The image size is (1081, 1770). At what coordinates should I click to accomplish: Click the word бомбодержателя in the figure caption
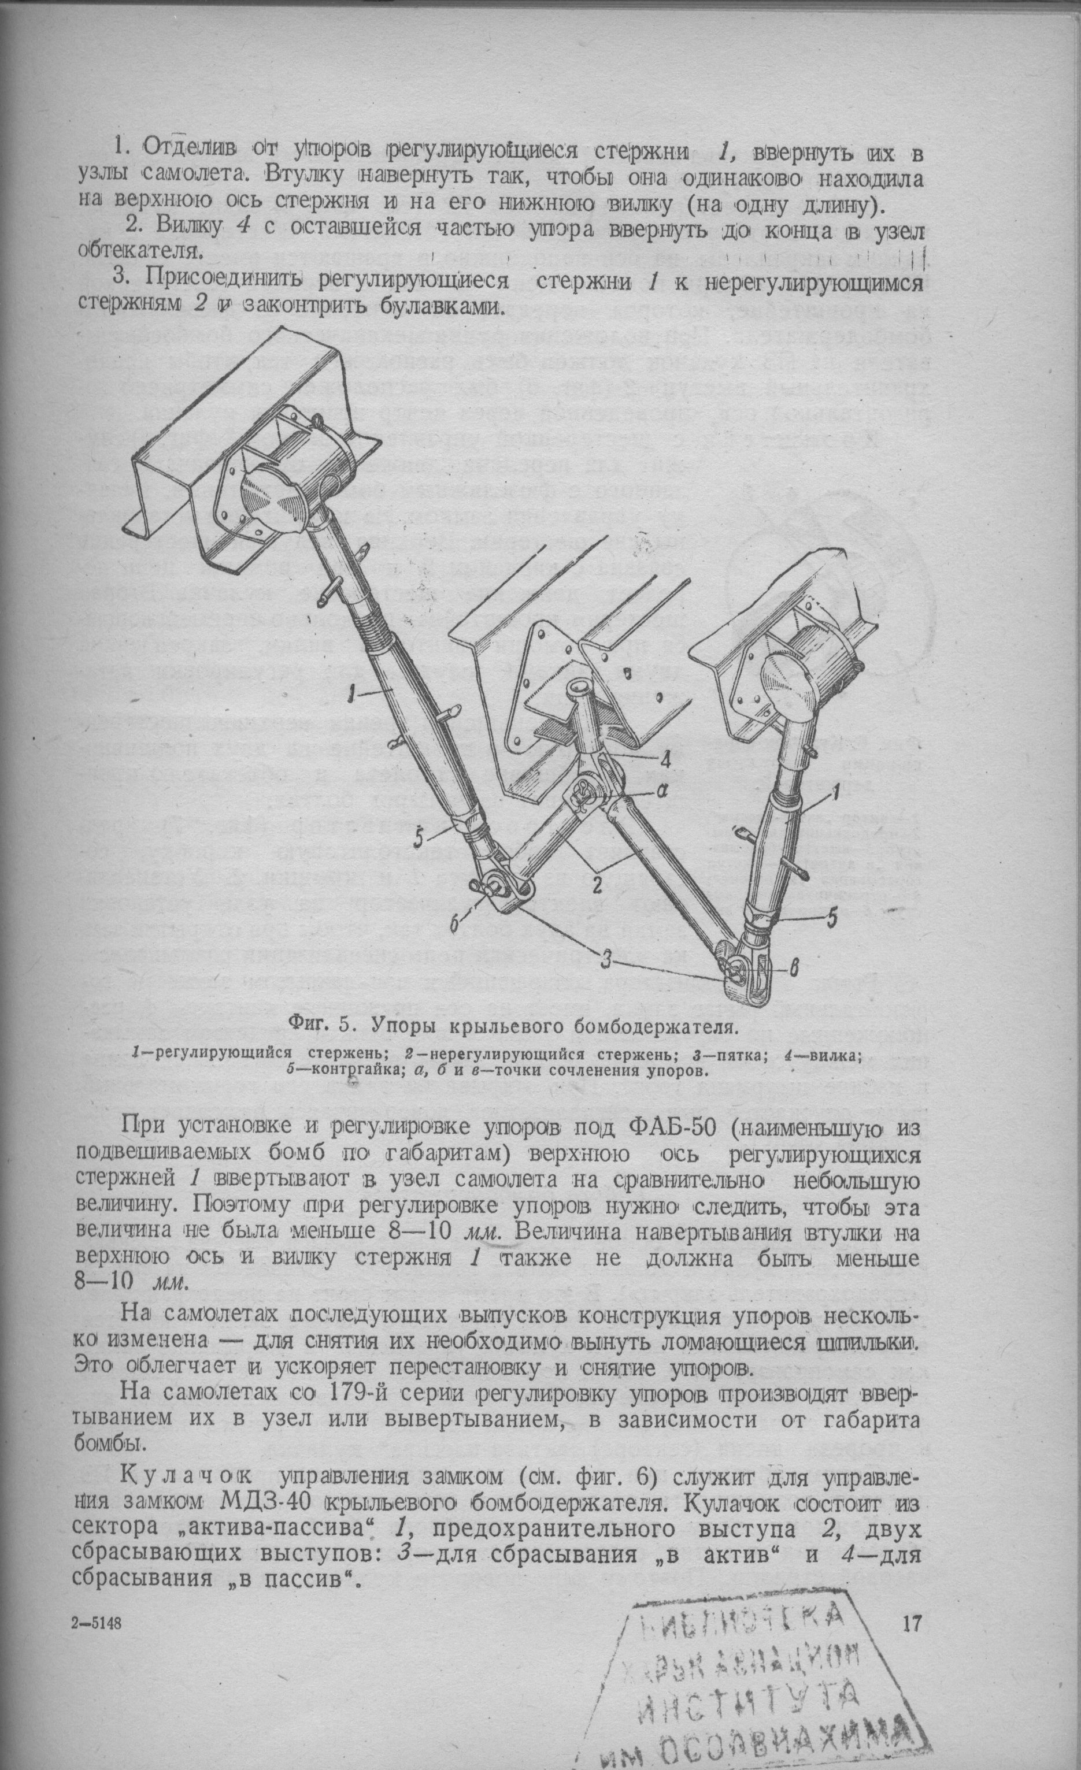(x=658, y=1026)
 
